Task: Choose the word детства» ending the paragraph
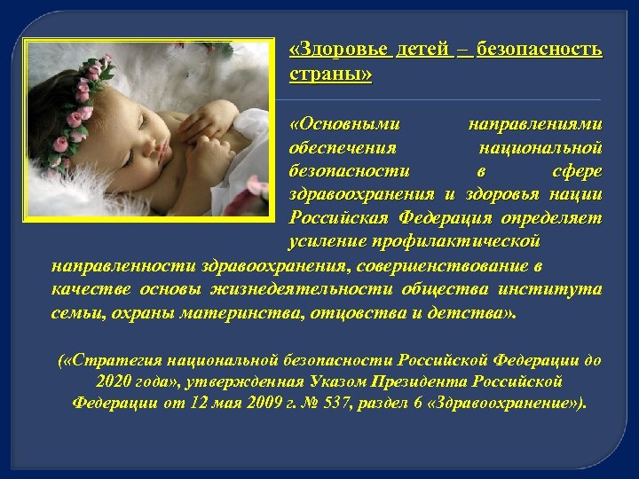478,313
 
